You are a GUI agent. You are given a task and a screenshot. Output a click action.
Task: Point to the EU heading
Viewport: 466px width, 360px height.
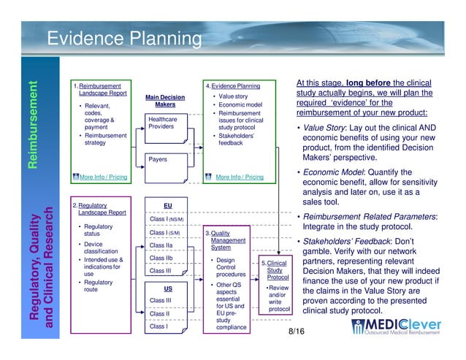coord(167,205)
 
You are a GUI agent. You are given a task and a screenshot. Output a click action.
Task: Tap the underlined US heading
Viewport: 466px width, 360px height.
coord(167,288)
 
